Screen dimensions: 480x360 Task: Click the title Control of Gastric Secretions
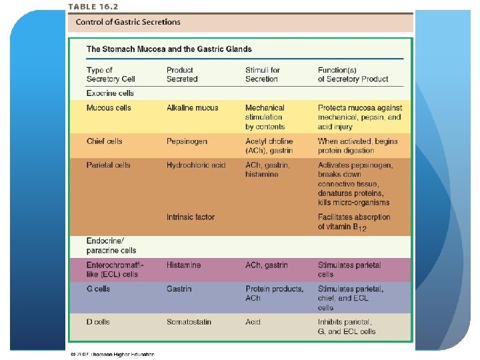point(128,22)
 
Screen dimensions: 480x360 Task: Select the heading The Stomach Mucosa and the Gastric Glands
point(169,49)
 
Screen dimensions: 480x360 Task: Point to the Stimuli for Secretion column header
point(263,74)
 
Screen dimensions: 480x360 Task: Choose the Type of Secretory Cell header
point(111,74)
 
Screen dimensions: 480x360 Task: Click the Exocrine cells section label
point(110,93)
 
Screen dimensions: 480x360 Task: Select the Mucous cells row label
point(109,107)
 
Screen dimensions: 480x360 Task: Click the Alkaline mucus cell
point(192,107)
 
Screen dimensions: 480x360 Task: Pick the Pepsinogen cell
point(187,141)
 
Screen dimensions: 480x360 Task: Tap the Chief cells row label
point(105,141)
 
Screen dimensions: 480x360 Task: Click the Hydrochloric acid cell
point(196,165)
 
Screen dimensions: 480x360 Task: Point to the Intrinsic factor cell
point(191,217)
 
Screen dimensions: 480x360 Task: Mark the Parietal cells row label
point(109,165)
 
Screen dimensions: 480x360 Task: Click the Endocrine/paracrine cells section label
point(111,245)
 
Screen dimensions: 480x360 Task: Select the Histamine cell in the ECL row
point(183,265)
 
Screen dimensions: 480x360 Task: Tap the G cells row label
point(99,289)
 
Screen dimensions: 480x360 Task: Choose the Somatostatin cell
point(189,322)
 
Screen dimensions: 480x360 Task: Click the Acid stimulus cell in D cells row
point(253,322)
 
